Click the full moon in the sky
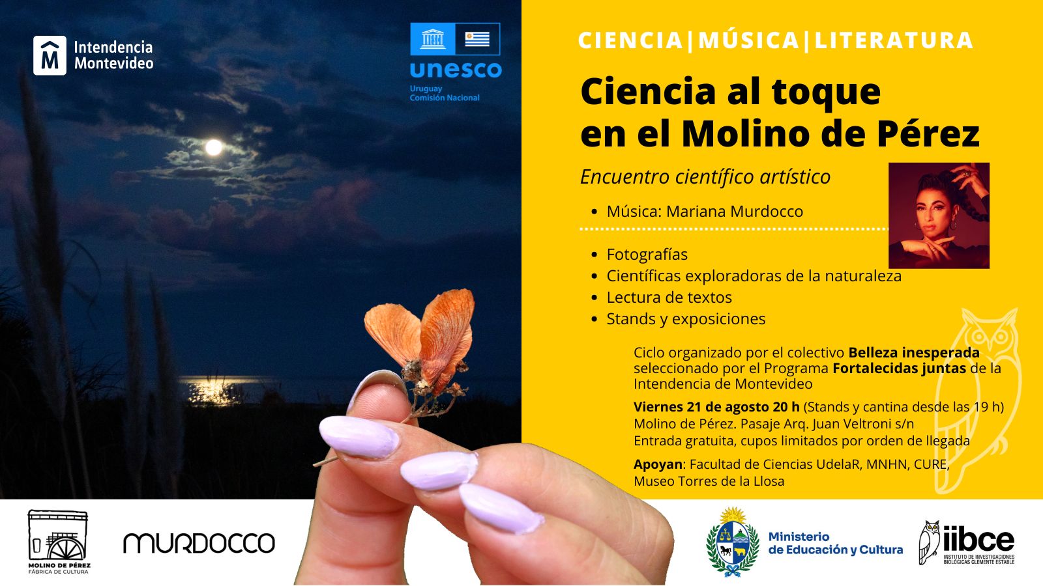[x=214, y=147]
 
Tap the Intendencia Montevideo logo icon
[x=50, y=55]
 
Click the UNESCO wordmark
[x=456, y=70]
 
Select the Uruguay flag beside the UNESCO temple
[x=477, y=39]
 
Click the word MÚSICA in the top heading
[x=749, y=40]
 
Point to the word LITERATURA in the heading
[x=894, y=40]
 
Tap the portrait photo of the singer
[x=939, y=216]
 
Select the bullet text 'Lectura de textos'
[x=669, y=297]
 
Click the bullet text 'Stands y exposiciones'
[x=686, y=319]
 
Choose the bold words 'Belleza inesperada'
[x=913, y=352]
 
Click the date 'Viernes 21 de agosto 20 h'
[x=716, y=407]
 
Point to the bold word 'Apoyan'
[x=658, y=465]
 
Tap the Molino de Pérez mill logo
[x=59, y=541]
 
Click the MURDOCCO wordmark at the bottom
[x=199, y=543]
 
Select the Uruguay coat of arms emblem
[x=733, y=541]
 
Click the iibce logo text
[x=978, y=540]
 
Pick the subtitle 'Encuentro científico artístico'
[x=705, y=176]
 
